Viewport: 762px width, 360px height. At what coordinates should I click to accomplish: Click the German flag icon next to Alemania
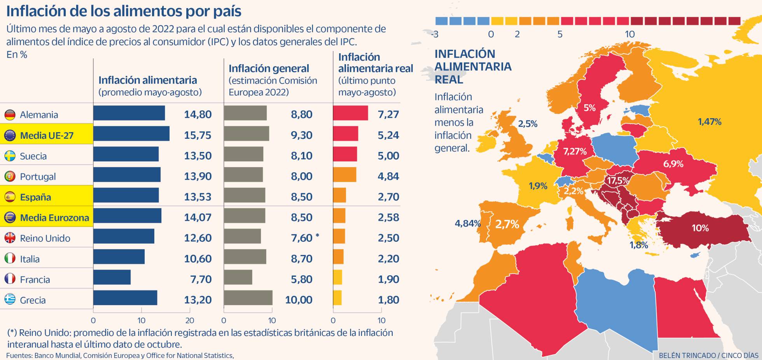click(10, 115)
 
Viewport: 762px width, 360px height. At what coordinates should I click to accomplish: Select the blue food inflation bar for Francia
click(112, 278)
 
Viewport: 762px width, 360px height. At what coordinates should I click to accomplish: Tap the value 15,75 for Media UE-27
click(197, 135)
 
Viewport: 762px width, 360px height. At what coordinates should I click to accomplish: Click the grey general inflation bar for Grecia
click(248, 298)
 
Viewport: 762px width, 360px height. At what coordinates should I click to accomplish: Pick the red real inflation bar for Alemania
click(350, 113)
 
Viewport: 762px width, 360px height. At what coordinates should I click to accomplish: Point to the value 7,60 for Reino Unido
click(301, 238)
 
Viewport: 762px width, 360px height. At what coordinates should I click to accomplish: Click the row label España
click(35, 197)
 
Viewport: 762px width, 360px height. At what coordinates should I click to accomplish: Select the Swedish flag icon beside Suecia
click(10, 156)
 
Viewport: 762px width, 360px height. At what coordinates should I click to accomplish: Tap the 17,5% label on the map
click(618, 180)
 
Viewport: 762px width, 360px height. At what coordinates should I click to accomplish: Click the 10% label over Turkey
click(700, 228)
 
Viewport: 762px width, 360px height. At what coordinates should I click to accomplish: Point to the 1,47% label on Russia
click(709, 122)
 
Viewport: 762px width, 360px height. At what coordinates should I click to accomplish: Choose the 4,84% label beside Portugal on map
click(467, 224)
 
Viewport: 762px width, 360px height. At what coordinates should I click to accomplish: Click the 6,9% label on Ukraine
click(673, 164)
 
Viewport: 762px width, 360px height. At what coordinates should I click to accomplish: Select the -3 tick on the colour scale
click(435, 34)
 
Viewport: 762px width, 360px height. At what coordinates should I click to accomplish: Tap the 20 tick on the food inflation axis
click(190, 320)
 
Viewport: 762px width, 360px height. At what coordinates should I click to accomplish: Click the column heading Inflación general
click(269, 68)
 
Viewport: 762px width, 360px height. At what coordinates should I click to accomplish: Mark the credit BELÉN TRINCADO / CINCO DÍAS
click(708, 355)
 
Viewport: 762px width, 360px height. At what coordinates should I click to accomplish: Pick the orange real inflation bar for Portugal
click(344, 175)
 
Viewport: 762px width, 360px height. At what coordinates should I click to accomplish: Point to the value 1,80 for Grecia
click(388, 300)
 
